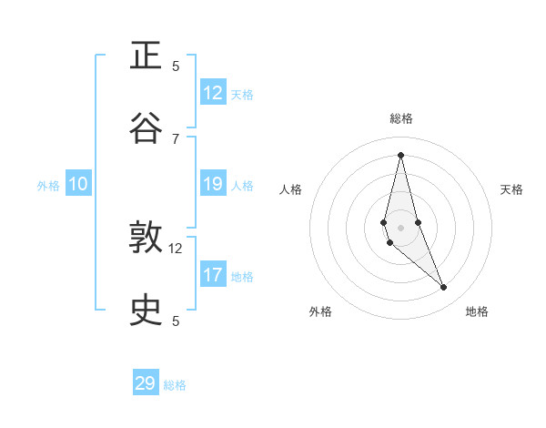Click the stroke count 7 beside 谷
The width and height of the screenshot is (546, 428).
[176, 138]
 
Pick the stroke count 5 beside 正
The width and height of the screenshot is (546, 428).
[176, 66]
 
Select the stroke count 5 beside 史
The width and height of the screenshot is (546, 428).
[176, 321]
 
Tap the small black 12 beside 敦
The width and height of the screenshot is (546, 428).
[176, 248]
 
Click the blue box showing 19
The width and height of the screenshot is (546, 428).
[213, 184]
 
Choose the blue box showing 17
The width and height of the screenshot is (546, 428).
[213, 274]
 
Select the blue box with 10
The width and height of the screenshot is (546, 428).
[78, 184]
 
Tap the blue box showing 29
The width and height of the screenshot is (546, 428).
[146, 383]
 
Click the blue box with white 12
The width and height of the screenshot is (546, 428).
[213, 93]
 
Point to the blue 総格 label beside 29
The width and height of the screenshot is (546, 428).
[175, 385]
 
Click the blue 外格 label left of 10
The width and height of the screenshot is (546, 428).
[48, 186]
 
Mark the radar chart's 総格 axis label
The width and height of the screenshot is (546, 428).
[401, 118]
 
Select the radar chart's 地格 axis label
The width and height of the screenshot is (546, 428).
[477, 311]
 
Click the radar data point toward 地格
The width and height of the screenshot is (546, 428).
[444, 288]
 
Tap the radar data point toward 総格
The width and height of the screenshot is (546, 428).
[400, 154]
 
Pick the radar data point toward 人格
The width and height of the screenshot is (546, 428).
[384, 222]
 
